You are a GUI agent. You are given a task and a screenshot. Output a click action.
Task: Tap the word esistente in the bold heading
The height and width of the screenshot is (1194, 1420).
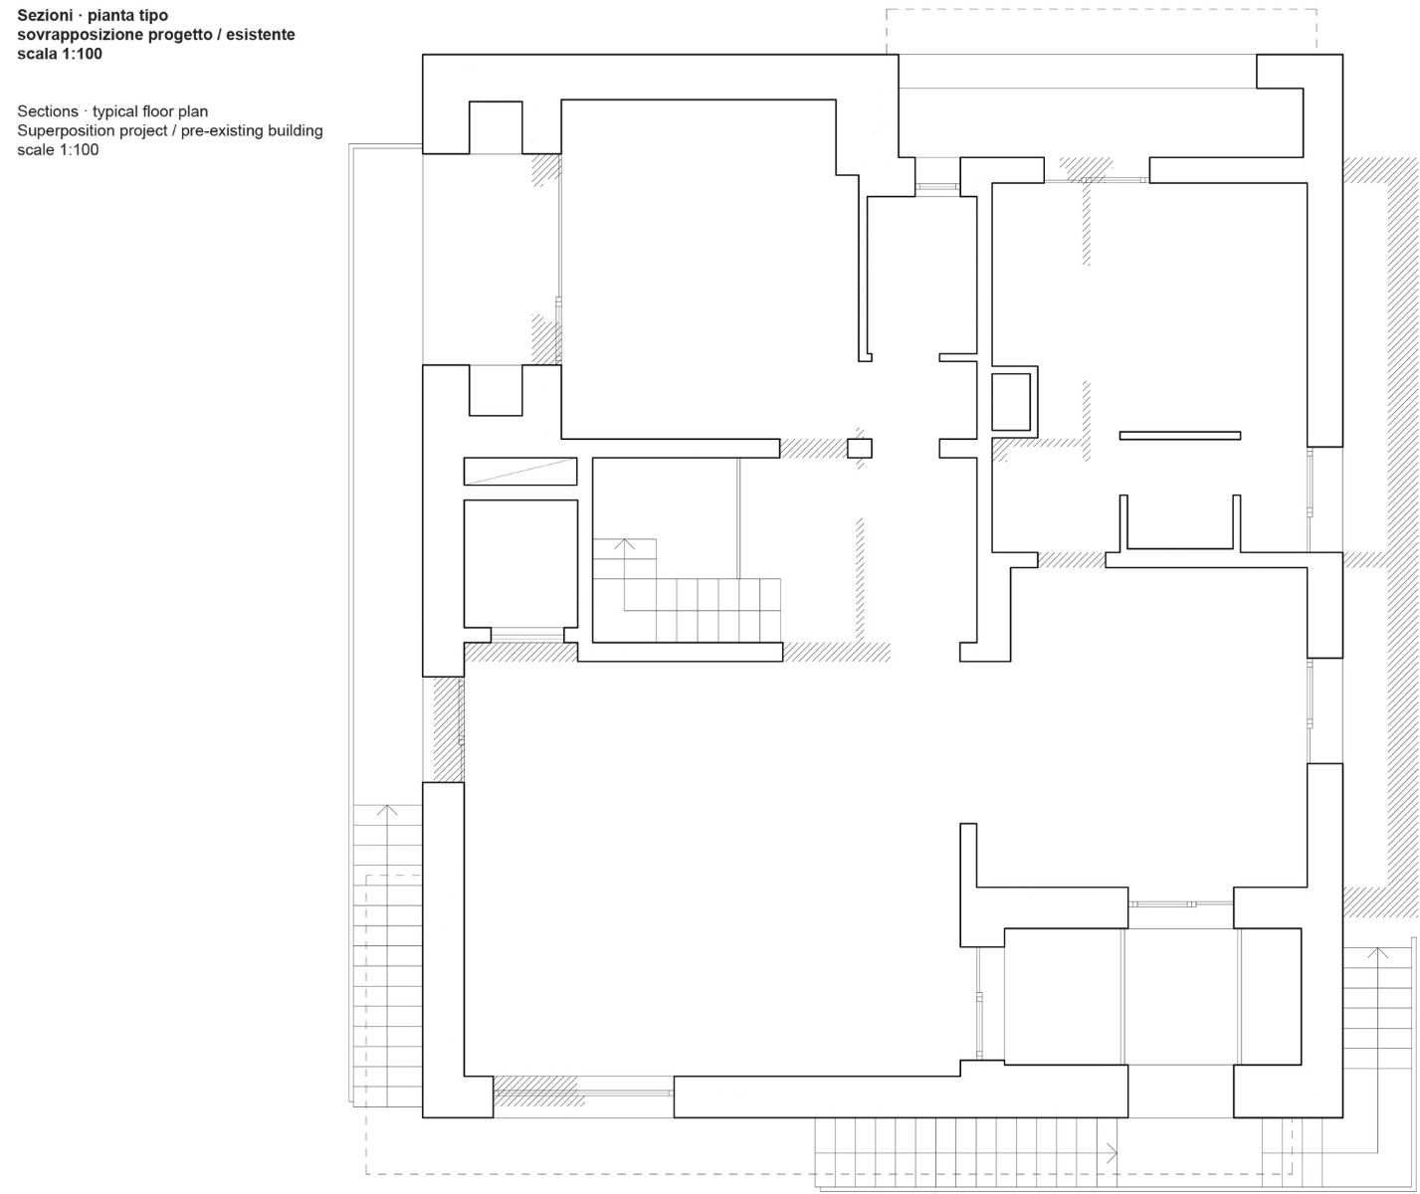262,35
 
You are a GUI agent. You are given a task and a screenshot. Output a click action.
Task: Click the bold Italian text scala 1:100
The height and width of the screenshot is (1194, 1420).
60,54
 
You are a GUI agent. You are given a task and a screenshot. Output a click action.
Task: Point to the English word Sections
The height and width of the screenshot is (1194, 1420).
47,111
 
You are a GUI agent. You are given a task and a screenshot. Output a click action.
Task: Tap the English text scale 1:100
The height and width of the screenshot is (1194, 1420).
58,149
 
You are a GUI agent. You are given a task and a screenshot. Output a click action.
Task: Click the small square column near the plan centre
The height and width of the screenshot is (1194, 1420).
860,448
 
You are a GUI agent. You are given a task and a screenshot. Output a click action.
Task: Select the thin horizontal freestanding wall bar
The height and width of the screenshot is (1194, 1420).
1180,435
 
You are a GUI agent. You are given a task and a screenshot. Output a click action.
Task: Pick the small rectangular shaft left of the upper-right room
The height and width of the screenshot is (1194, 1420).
1011,401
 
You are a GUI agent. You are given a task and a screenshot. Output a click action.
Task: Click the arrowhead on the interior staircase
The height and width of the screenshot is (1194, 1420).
624,544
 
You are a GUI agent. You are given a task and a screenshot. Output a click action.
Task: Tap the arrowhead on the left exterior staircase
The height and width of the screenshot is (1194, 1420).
388,811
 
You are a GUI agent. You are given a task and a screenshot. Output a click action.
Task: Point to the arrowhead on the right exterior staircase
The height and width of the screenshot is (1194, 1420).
1378,952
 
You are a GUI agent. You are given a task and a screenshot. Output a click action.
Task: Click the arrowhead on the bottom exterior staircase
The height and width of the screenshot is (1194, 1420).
1111,1153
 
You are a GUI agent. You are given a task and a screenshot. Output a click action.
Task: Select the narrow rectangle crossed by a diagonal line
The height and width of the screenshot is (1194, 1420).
520,471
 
